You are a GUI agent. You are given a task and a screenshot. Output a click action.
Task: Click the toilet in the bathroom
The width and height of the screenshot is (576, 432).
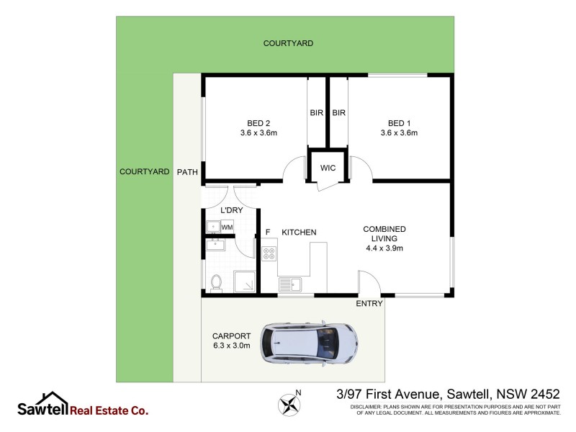coord(216,281)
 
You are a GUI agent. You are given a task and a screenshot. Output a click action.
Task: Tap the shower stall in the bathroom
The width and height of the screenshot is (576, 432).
coord(243,282)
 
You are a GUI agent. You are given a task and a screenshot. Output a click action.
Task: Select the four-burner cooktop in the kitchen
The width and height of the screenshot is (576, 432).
coord(269,253)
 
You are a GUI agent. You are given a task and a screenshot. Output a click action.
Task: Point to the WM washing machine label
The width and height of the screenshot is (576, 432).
coord(227,228)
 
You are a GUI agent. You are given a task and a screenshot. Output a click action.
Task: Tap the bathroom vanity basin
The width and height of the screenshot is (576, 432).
coord(215,246)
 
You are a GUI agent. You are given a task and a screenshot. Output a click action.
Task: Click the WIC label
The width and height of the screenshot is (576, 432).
coord(328,168)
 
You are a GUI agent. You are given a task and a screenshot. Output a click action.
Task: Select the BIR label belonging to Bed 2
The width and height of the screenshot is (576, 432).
coord(317,113)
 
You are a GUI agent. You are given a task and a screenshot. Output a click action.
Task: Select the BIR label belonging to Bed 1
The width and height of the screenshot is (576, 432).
coord(339,113)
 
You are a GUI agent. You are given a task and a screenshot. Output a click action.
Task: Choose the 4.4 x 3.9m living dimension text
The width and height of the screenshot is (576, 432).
coord(384,248)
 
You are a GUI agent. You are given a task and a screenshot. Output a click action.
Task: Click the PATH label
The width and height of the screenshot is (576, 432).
coord(187,171)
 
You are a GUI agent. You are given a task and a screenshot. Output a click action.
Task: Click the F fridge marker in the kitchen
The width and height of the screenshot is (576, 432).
coord(268,232)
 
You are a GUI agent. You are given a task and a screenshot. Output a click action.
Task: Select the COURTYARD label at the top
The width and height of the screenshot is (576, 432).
coord(288,44)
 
